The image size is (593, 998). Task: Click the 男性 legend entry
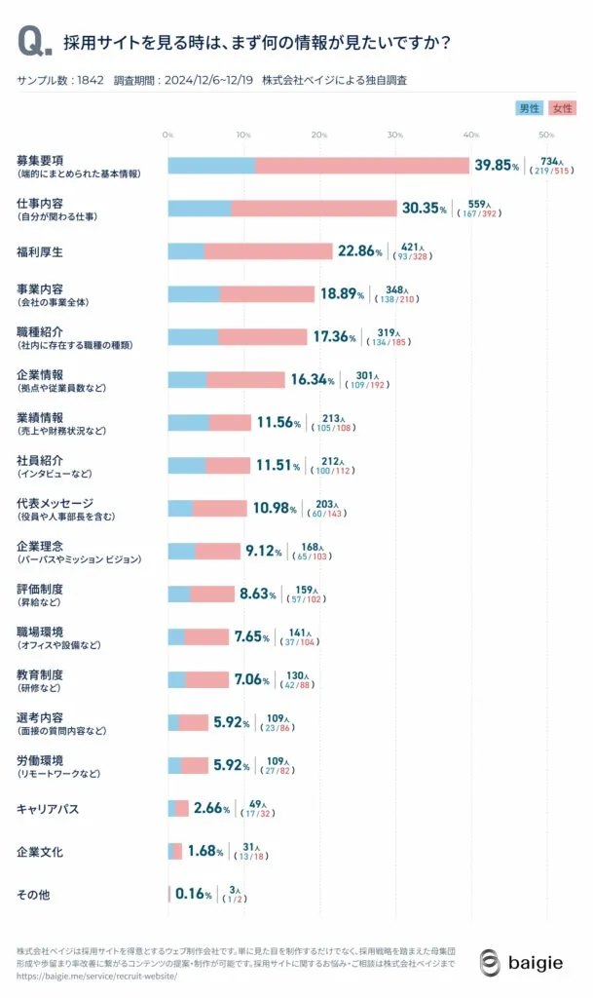(x=529, y=108)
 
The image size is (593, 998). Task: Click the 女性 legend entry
(x=562, y=108)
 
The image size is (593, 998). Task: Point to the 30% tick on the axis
(x=395, y=134)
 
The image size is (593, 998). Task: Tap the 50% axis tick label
(x=547, y=134)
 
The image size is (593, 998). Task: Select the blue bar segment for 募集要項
(x=211, y=166)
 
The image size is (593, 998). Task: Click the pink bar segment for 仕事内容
(x=315, y=209)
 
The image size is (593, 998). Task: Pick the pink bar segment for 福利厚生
(x=269, y=251)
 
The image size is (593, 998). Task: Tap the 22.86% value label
(x=359, y=251)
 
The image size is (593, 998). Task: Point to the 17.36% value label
(x=334, y=336)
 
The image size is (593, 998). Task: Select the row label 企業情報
(x=41, y=374)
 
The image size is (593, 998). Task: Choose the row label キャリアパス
(x=48, y=809)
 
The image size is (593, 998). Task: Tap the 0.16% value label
(x=194, y=894)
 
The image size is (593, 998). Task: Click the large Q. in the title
(x=34, y=42)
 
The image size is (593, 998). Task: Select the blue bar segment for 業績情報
(x=189, y=422)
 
